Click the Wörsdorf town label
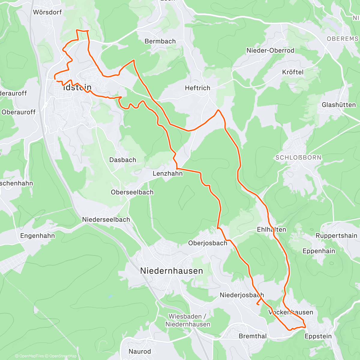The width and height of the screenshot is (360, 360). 47,12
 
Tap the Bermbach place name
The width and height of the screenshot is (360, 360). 160,41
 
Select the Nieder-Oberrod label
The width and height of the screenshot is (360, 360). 270,50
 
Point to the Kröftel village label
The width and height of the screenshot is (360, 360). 293,72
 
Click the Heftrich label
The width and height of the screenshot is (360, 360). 197,88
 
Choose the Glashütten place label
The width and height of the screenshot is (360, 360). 339,105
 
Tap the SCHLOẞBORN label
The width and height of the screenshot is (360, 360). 298,157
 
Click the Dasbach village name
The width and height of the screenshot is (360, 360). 122,160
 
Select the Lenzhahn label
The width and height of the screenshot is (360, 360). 167,173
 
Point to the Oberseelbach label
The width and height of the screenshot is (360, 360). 132,192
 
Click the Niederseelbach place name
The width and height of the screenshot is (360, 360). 106,220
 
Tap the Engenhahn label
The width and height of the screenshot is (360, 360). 37,236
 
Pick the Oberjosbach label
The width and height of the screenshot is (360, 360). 208,243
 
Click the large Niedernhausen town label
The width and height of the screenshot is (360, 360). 172,271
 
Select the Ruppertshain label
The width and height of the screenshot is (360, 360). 336,236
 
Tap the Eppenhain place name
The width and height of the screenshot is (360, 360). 319,251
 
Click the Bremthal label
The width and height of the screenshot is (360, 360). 252,336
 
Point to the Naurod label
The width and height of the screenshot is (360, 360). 139,351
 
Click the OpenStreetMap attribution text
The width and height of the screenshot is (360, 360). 63,356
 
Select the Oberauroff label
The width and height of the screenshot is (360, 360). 19,112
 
